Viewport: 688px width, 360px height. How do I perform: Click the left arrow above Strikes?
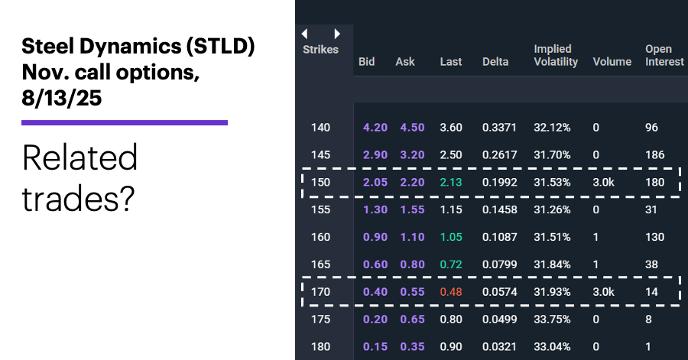[305, 34]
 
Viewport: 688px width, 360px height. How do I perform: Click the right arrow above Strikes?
[337, 34]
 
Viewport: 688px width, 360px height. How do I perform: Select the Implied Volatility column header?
[556, 55]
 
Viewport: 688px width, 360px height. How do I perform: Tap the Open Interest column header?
[664, 55]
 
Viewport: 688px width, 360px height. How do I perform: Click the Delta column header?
[495, 61]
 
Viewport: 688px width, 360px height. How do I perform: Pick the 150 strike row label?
[321, 182]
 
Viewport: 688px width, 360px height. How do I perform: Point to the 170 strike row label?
[321, 291]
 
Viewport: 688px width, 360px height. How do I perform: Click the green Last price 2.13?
[451, 182]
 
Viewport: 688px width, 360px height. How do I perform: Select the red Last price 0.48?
[451, 291]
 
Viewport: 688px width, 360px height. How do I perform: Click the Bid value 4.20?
[375, 127]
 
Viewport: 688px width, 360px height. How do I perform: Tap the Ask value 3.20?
[411, 154]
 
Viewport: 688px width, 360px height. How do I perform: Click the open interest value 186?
[654, 154]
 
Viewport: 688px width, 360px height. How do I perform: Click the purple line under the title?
[125, 122]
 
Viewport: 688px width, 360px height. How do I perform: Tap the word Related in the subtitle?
[80, 158]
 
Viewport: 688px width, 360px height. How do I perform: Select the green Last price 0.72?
[451, 264]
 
